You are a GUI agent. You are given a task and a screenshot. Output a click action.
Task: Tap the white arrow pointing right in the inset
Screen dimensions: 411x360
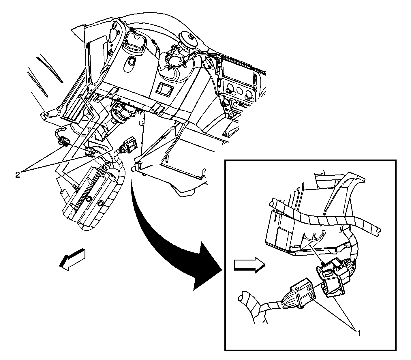point(249,265)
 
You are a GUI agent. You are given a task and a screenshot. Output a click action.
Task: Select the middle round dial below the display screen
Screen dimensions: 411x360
point(239,91)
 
